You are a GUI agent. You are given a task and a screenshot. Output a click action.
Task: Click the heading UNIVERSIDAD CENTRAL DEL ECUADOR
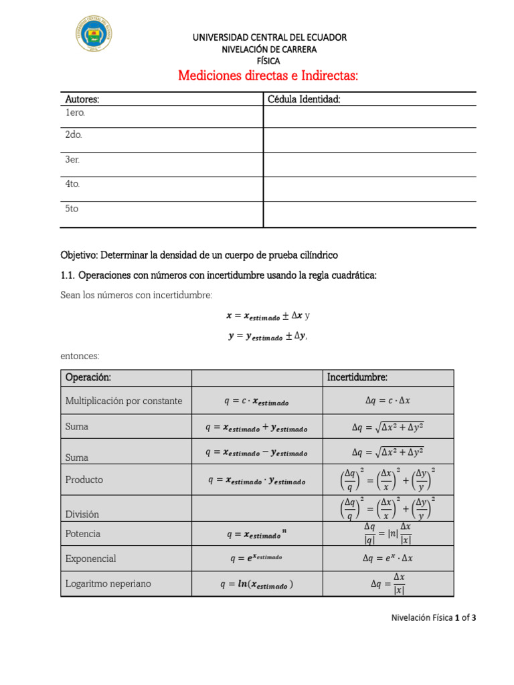point(270,37)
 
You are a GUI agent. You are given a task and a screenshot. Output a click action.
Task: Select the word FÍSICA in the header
point(269,61)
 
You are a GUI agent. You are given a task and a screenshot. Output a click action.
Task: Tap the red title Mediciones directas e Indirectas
point(268,76)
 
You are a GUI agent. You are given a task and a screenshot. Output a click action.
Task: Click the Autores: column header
point(82,99)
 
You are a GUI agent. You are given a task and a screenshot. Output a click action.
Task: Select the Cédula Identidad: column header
point(304,99)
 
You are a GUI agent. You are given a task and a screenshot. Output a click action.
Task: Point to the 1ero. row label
point(75,112)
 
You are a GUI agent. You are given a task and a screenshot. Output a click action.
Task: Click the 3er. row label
point(72,160)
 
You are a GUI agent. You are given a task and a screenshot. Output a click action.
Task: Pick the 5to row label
point(72,209)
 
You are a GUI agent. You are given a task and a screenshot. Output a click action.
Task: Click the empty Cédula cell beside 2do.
point(369,140)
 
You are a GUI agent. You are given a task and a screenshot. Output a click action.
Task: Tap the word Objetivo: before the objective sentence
point(79,255)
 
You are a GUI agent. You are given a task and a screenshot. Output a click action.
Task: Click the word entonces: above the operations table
point(80,357)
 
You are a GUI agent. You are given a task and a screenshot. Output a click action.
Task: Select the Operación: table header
point(88,378)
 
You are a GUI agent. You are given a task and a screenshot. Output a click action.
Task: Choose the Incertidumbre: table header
point(357,378)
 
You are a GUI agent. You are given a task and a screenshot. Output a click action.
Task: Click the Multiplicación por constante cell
point(124,401)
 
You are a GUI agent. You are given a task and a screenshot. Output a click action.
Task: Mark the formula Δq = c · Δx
point(388,401)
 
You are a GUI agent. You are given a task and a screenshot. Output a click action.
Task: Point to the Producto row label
point(84,480)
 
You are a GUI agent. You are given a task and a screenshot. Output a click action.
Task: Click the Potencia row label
point(83,534)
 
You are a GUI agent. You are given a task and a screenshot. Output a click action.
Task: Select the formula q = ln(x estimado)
point(256,584)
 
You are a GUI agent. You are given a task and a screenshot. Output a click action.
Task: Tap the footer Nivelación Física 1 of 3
point(434,618)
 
